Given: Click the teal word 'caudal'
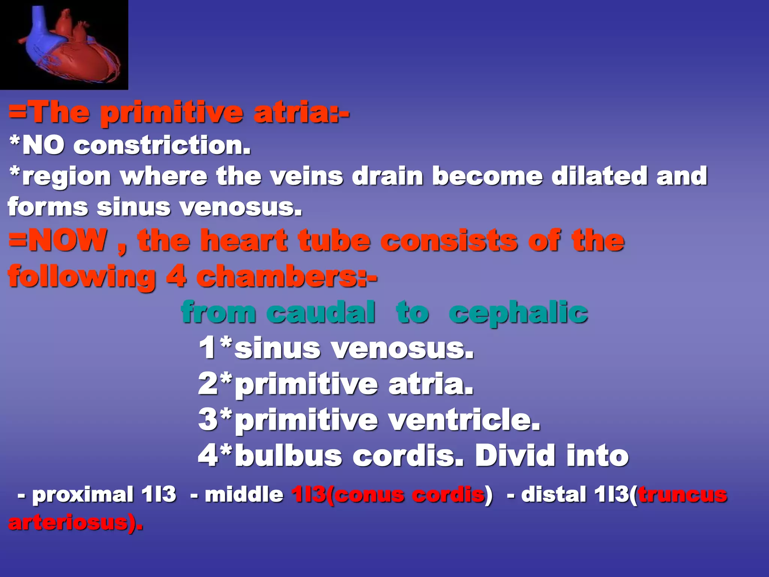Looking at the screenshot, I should click(x=321, y=313).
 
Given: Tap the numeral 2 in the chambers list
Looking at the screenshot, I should click(x=208, y=384).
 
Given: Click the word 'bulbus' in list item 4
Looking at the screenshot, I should click(x=289, y=456).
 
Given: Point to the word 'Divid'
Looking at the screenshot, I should click(x=516, y=456).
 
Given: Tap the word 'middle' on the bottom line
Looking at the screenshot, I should click(x=244, y=494).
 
